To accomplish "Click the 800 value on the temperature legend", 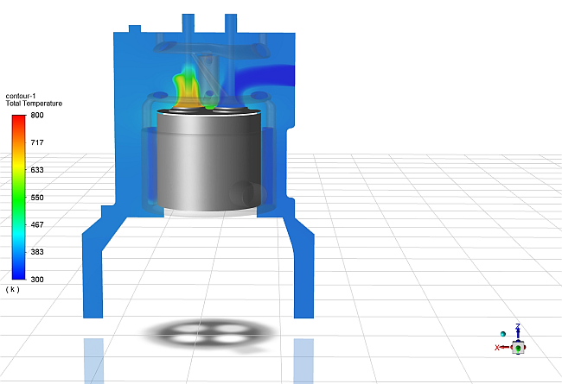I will (37, 115).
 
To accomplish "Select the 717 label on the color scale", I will (37, 142).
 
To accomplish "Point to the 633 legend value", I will (37, 170).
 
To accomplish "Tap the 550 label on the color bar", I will (37, 198).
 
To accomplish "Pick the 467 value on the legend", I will (37, 224).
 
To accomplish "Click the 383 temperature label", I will (37, 252).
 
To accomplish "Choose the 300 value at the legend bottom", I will (37, 280).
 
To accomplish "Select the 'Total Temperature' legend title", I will (34, 104).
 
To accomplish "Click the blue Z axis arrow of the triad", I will (517, 331).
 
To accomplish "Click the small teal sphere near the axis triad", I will (502, 333).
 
